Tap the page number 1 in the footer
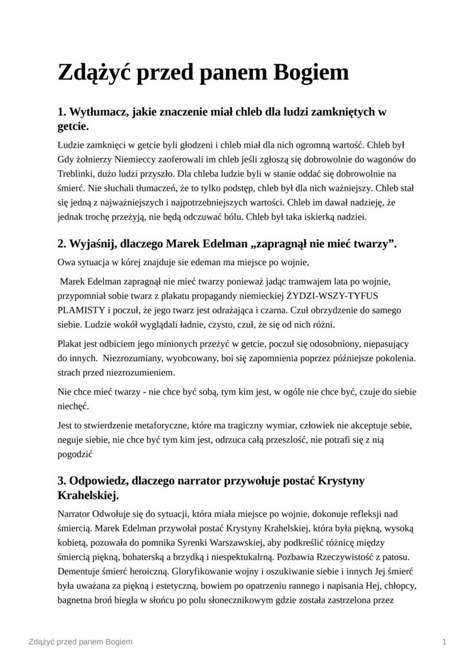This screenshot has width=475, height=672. click(445, 642)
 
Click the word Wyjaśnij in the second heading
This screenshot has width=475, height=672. click(92, 244)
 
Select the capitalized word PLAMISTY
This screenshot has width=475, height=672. click(80, 310)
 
